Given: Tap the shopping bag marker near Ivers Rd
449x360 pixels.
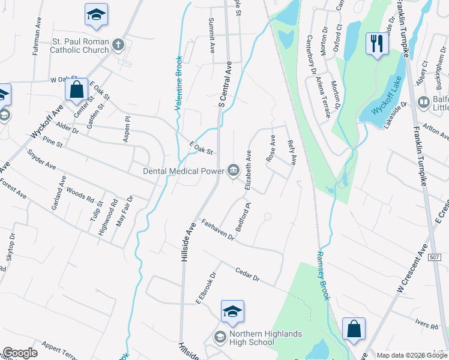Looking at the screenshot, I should (354, 329).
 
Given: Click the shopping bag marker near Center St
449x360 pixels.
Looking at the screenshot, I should (77, 91).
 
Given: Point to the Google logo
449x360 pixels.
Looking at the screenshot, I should (20, 353).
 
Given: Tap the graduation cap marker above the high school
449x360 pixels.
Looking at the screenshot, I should (232, 311).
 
